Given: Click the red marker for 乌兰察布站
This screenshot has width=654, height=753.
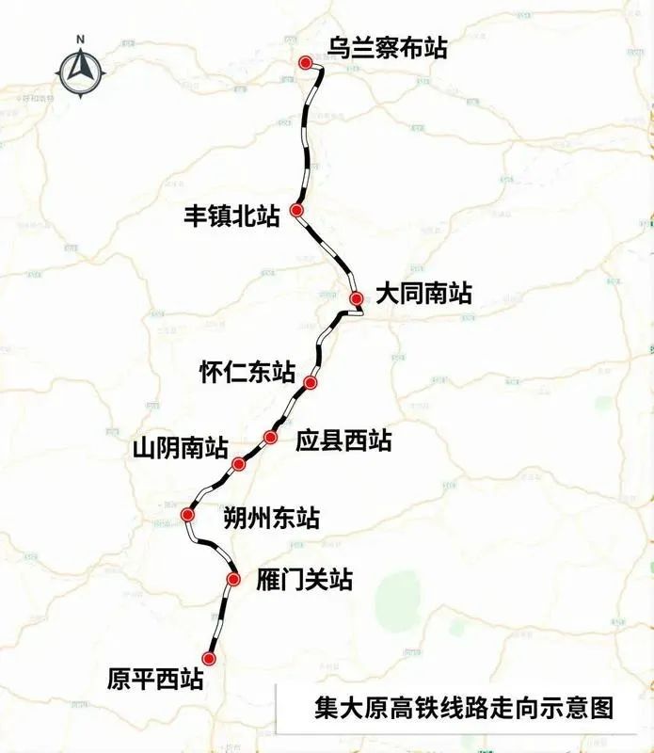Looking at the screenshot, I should click(305, 62).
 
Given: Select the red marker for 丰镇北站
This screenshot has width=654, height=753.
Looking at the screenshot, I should click(296, 211).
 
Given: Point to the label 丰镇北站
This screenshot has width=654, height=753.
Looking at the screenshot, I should click(232, 217).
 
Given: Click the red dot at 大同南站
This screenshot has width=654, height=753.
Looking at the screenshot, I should click(356, 298).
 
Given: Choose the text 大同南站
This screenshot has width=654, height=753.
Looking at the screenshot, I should click(423, 294).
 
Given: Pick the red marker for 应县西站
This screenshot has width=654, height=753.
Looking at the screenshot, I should click(271, 437).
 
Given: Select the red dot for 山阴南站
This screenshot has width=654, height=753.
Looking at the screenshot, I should click(239, 462).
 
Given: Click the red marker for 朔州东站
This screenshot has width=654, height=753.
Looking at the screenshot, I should click(188, 515).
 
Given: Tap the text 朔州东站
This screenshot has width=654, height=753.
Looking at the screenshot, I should click(271, 518).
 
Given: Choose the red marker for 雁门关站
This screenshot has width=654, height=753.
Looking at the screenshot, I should click(233, 579).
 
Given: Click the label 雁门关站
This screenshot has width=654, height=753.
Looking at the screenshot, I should click(304, 580).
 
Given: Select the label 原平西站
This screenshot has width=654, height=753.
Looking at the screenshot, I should click(155, 680).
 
